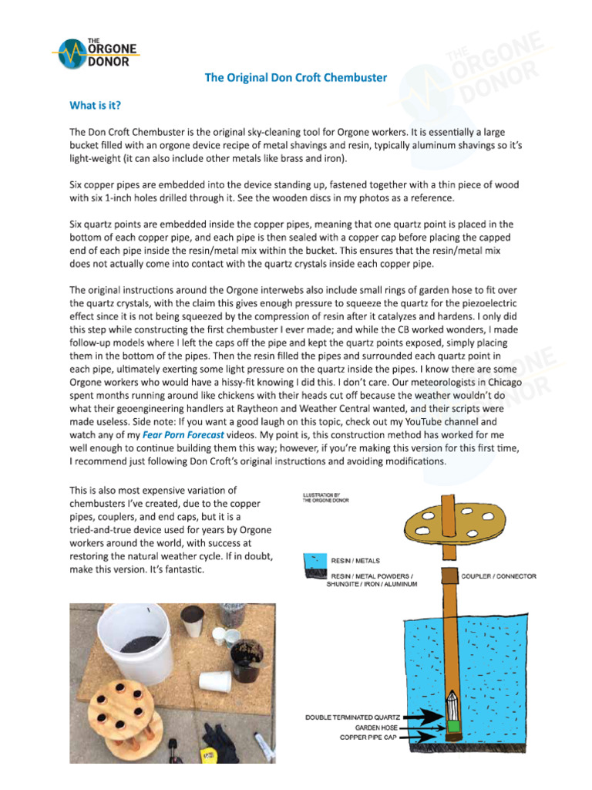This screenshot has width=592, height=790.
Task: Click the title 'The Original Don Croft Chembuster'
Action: pyautogui.click(x=295, y=78)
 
